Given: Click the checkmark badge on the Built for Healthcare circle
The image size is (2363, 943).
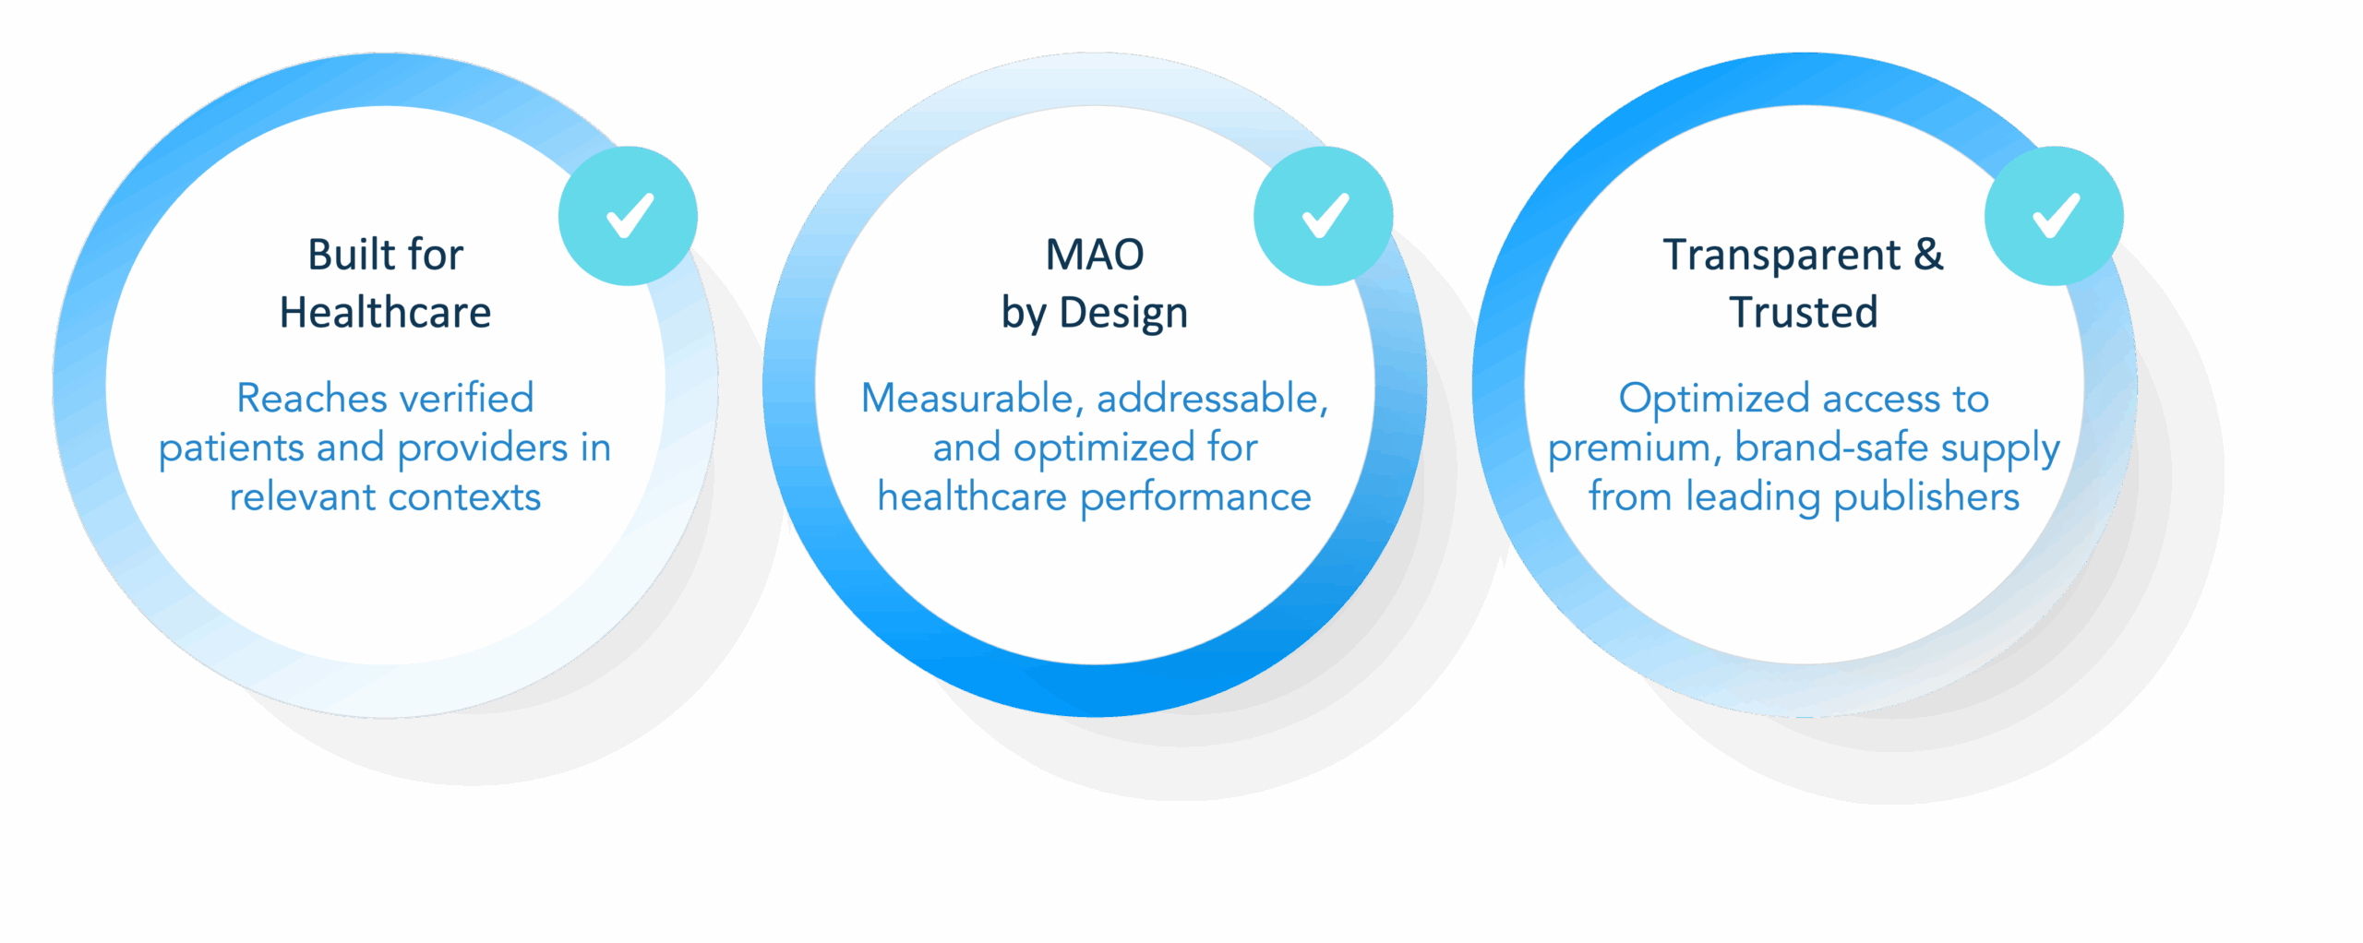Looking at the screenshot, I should pos(628,216).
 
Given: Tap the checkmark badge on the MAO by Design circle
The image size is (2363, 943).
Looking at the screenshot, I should pos(1323,216).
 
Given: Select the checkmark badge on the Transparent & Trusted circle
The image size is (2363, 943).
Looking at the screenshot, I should pos(2054,216).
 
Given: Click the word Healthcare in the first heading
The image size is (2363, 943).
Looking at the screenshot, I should pos(385,313).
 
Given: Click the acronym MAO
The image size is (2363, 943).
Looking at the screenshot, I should pos(1095,255).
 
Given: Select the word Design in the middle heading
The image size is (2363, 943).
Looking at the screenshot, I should pos(1123,314).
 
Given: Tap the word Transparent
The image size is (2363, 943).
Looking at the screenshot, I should pos(1781,256).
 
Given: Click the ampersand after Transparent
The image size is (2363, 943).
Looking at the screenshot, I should pos(1927,255).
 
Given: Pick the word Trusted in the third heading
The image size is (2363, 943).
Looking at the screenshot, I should pos(1804,313).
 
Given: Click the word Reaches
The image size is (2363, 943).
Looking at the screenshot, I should pos(297,399).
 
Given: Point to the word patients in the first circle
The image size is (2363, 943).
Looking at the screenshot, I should pos(232,448).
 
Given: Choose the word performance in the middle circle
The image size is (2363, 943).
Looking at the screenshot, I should pos(1195,498).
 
